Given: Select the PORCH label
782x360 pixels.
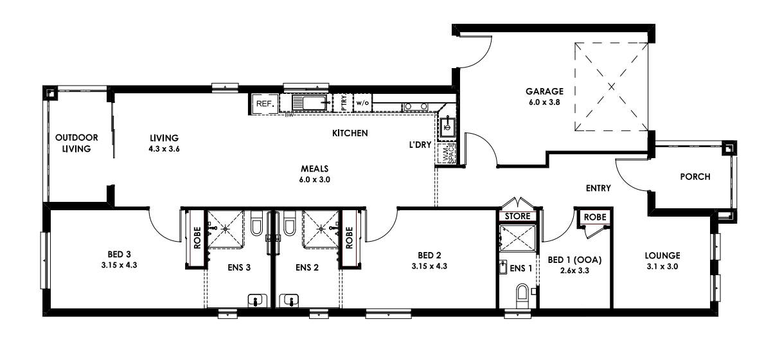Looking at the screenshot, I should (x=695, y=177).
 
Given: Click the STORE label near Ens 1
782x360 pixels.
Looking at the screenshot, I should (x=518, y=216).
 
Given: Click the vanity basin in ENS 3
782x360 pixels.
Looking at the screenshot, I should (x=257, y=300).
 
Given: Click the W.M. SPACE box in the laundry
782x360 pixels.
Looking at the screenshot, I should (x=447, y=154).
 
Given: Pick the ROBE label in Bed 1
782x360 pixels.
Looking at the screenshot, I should (x=593, y=218).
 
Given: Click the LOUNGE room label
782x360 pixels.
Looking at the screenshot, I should (x=662, y=255).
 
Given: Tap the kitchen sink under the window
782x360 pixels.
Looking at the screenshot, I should (x=311, y=103).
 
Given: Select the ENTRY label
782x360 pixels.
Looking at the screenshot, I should (x=598, y=188).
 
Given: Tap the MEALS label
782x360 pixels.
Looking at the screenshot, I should (x=315, y=169).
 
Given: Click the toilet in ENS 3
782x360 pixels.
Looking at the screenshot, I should (x=256, y=225).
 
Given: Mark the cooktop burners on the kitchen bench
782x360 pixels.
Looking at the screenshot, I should (x=416, y=106).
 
